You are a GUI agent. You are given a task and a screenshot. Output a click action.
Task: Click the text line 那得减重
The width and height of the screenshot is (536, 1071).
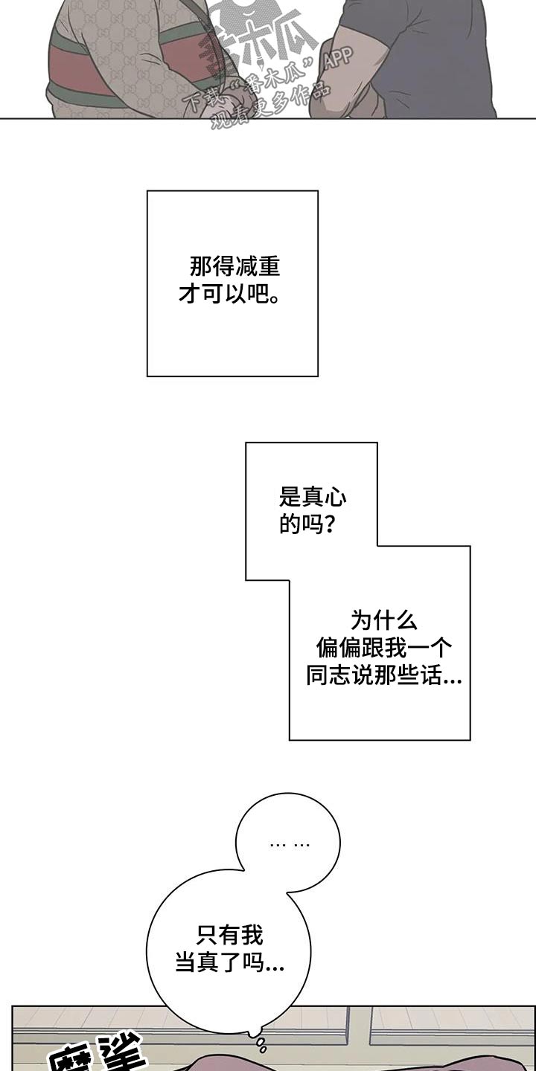[x=234, y=266]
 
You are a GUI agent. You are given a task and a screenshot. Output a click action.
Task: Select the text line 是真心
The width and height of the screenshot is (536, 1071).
[x=312, y=497]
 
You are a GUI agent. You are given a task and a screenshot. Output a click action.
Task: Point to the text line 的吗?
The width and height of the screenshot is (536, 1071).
[x=306, y=524]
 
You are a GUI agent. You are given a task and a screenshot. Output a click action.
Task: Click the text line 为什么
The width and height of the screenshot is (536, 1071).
[x=383, y=620]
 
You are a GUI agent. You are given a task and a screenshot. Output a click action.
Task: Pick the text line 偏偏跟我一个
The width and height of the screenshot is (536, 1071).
[x=383, y=648]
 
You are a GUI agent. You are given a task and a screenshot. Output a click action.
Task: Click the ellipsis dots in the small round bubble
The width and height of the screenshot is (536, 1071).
[x=290, y=844]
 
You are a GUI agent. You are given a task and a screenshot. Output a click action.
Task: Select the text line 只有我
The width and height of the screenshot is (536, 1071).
[x=230, y=935]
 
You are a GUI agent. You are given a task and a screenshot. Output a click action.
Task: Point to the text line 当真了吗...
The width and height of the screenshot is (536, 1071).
[x=229, y=964]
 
